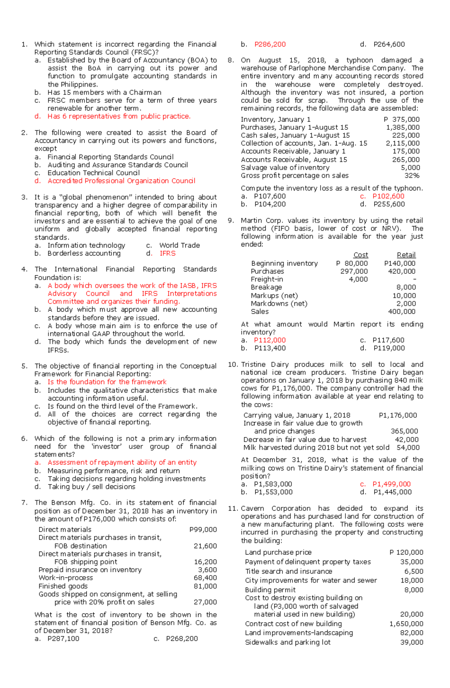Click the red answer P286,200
point(270,44)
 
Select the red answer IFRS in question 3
point(167,253)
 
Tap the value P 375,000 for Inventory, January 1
point(402,120)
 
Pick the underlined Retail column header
point(406,255)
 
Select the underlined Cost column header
point(361,255)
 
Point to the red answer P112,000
point(270,340)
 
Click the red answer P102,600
point(388,196)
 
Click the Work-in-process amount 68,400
point(205,578)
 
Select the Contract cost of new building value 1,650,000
point(406,624)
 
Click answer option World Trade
point(179,245)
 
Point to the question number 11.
point(232,508)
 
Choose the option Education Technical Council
point(93,173)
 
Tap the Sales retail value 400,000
point(402,312)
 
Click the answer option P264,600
point(389,44)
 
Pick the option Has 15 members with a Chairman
point(104,92)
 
